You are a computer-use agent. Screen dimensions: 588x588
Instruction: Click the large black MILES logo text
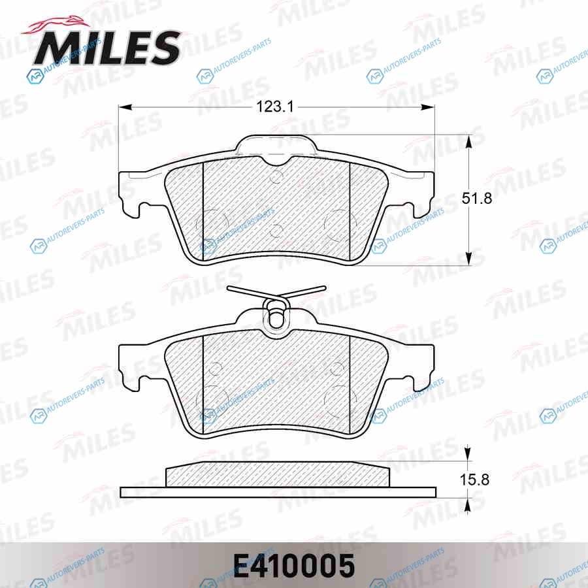coord(107,47)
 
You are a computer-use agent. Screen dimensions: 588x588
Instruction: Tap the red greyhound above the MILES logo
coord(56,26)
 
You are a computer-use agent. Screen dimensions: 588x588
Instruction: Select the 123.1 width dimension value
coord(275,107)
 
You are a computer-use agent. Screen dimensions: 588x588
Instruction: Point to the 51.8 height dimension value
coord(477,198)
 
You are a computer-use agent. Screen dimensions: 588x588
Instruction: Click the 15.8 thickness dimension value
coord(474,480)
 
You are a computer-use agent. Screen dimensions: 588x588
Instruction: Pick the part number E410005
coord(294,566)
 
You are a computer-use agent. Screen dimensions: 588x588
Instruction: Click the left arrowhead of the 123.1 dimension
coord(125,107)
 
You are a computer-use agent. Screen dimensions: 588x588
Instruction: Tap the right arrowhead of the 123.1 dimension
coord(428,107)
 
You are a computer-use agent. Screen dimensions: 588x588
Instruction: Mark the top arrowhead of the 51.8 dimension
coord(468,141)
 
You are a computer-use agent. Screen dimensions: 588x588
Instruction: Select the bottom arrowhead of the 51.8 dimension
coord(468,259)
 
